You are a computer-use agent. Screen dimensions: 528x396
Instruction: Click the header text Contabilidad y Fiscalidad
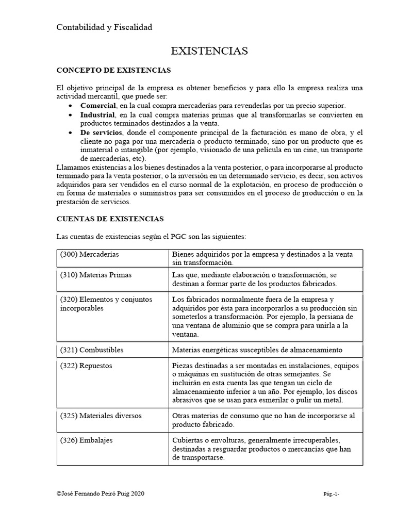pos(104,27)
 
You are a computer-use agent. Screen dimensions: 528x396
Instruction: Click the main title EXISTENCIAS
pos(209,51)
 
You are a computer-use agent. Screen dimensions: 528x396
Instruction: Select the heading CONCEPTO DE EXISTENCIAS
pos(113,70)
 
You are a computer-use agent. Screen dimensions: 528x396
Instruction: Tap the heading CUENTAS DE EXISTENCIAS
pos(110,219)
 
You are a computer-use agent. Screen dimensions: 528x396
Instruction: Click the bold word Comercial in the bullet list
pos(97,105)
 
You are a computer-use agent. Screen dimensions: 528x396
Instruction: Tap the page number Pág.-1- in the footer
pos(331,494)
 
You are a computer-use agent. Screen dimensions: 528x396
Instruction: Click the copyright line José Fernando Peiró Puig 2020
pos(101,493)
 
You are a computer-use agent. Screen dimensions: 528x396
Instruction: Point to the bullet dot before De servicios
pos(71,133)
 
